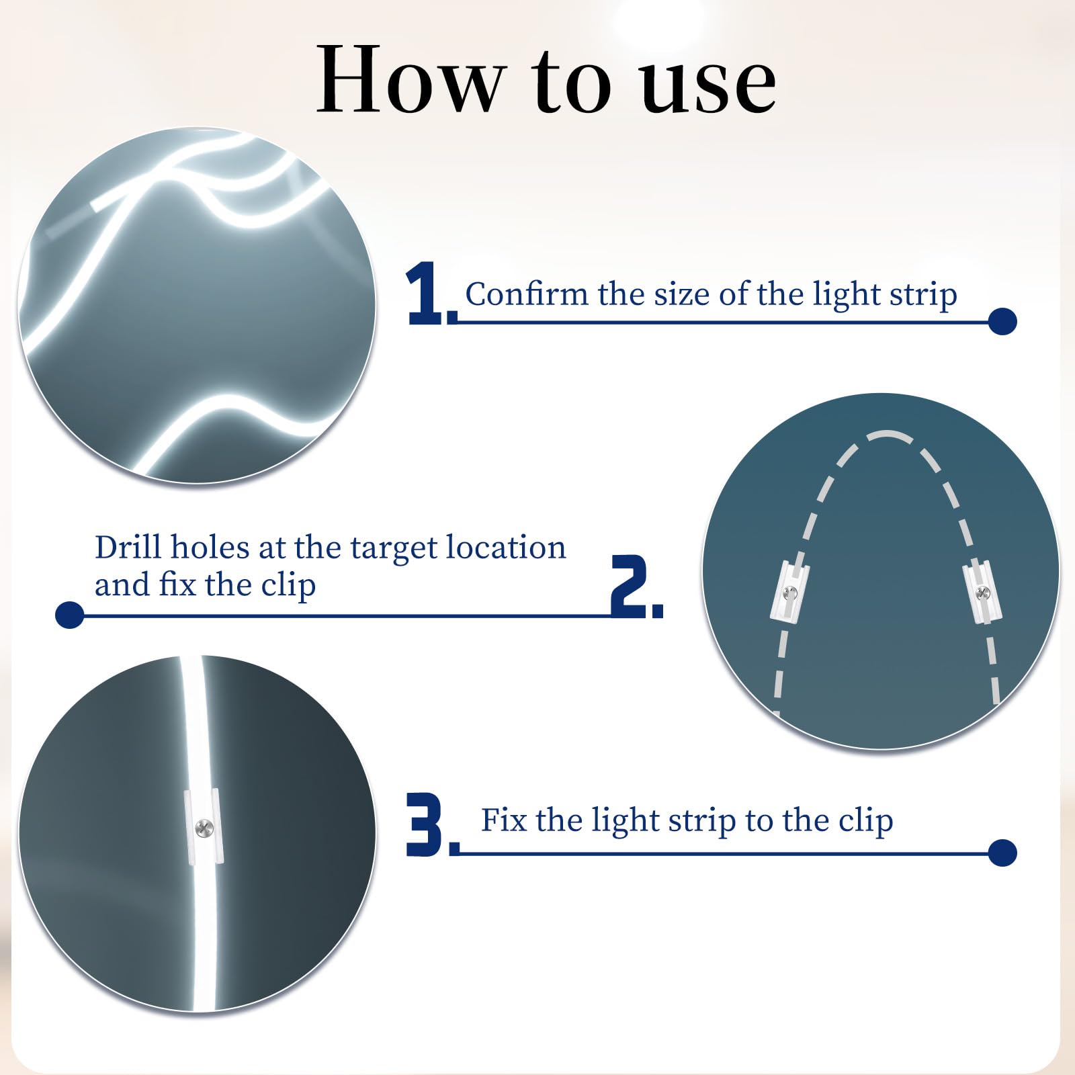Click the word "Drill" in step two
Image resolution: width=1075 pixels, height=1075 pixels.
pyautogui.click(x=128, y=547)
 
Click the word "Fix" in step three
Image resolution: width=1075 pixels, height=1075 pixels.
pyautogui.click(x=503, y=820)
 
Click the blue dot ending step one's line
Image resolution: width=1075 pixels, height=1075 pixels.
pyautogui.click(x=1002, y=321)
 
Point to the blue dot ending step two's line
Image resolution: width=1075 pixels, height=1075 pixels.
pyautogui.click(x=69, y=615)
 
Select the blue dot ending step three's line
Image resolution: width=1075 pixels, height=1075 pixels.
pyautogui.click(x=1002, y=853)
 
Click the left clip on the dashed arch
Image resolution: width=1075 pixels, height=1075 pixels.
pyautogui.click(x=789, y=591)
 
